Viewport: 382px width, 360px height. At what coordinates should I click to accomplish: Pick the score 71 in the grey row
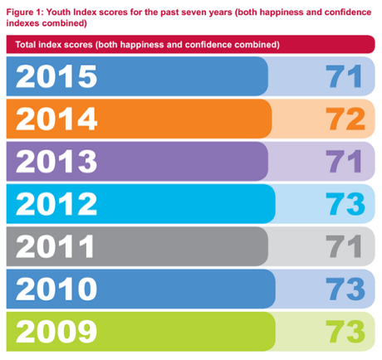click(x=342, y=246)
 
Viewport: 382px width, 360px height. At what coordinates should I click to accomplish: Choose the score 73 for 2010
click(x=342, y=288)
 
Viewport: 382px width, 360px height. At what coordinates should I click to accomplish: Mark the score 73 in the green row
click(x=342, y=330)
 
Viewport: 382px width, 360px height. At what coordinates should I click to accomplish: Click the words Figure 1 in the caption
click(x=24, y=8)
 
